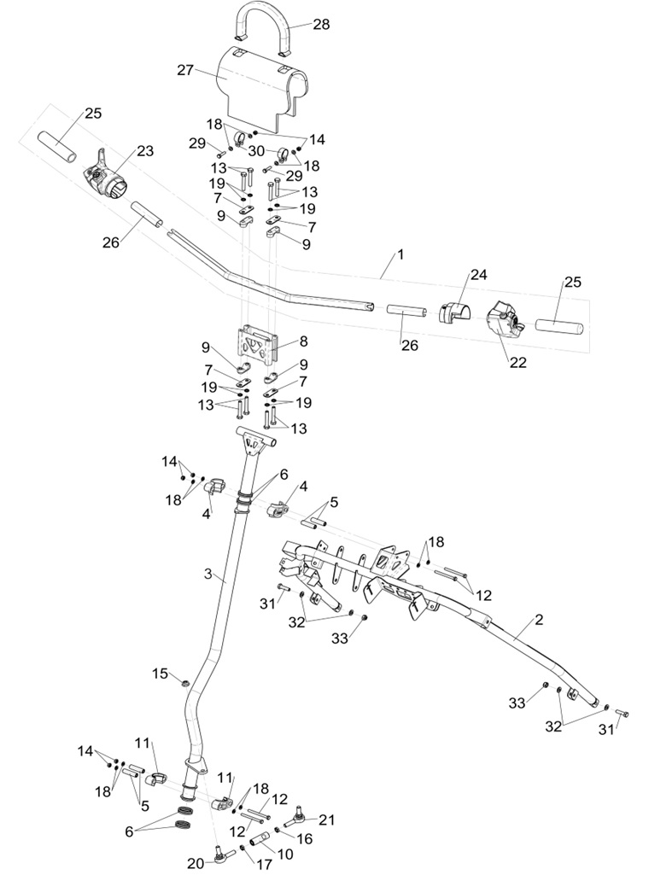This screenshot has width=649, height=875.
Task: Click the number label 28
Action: pyautogui.click(x=320, y=24)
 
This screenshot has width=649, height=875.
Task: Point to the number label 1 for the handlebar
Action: pyautogui.click(x=400, y=254)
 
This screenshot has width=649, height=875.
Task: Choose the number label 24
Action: pyautogui.click(x=477, y=275)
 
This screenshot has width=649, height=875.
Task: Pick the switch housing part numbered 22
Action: pyautogui.click(x=501, y=324)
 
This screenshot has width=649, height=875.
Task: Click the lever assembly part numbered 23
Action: pyautogui.click(x=105, y=177)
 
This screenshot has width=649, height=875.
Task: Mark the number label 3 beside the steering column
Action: pyautogui.click(x=208, y=574)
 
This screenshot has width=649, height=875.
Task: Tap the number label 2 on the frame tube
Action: pyautogui.click(x=539, y=619)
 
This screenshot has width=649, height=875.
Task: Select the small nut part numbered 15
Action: pyautogui.click(x=183, y=680)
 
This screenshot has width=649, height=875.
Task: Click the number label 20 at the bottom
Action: pyautogui.click(x=196, y=863)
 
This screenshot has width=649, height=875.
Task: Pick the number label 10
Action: pyautogui.click(x=285, y=853)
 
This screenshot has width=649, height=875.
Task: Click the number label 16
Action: pyautogui.click(x=304, y=839)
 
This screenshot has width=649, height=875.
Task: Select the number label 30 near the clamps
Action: pyautogui.click(x=256, y=150)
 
